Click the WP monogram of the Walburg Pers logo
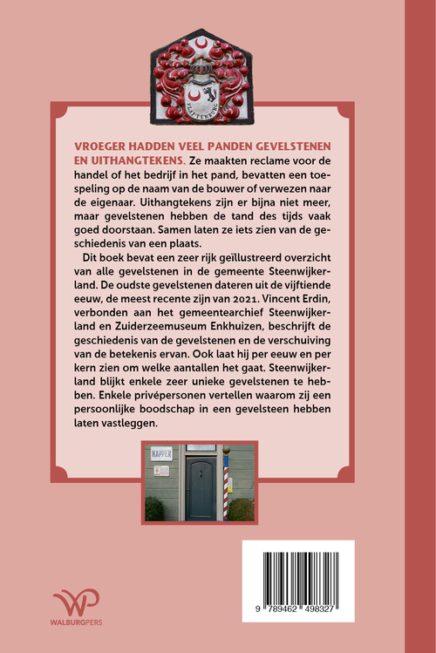pyautogui.click(x=76, y=603)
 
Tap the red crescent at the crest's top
pyautogui.click(x=203, y=42)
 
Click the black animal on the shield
pyautogui.click(x=209, y=92)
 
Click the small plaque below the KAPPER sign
pyautogui.click(x=162, y=471)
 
